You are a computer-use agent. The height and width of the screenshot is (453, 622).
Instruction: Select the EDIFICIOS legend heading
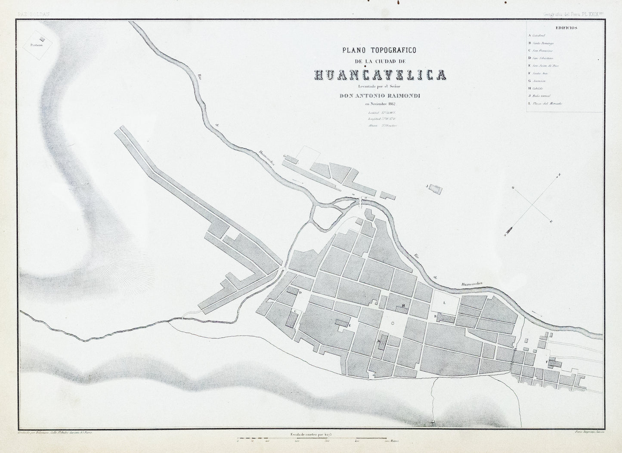pyautogui.click(x=566, y=28)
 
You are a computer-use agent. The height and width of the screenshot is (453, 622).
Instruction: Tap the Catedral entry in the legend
pyautogui.click(x=538, y=35)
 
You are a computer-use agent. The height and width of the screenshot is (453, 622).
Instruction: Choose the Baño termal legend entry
pyautogui.click(x=541, y=96)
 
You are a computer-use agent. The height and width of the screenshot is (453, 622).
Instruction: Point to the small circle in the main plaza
pyautogui.click(x=392, y=322)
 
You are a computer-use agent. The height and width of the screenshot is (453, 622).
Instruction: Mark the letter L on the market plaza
pyautogui.click(x=444, y=303)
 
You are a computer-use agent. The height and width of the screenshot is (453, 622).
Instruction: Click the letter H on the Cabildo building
pyautogui.click(x=403, y=306)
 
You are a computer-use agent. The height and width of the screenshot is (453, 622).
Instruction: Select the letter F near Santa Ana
pyautogui.click(x=547, y=362)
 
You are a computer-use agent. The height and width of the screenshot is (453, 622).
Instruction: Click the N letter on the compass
pyautogui.click(x=559, y=175)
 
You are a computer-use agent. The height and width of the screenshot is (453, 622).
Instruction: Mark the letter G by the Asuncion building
pyautogui.click(x=284, y=157)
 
